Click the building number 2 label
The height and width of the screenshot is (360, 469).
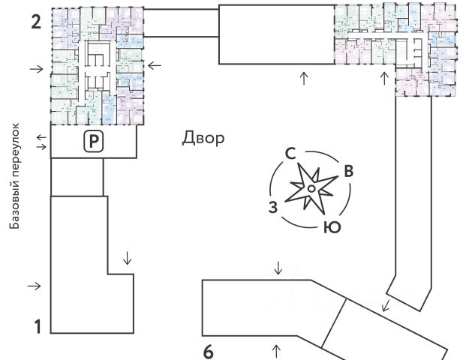pyautogui.click(x=35, y=20)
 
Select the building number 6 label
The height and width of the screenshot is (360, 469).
pyautogui.click(x=209, y=350)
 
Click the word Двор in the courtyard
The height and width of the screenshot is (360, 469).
pyautogui.click(x=203, y=139)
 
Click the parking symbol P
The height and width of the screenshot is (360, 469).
pyautogui.click(x=93, y=140)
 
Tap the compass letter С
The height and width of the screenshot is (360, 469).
pyautogui.click(x=289, y=154)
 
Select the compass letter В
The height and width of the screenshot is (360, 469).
pyautogui.click(x=347, y=171)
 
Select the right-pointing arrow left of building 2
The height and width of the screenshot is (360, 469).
pyautogui.click(x=35, y=69)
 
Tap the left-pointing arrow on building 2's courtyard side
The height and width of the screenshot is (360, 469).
pyautogui.click(x=154, y=66)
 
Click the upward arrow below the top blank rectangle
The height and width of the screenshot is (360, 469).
pyautogui.click(x=303, y=78)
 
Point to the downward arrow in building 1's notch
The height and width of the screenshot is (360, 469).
pyautogui.click(x=127, y=259)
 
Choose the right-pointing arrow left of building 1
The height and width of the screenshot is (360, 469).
pyautogui.click(x=35, y=286)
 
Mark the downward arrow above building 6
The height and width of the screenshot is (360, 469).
pyautogui.click(x=278, y=268)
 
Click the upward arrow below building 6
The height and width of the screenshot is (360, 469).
pyautogui.click(x=276, y=349)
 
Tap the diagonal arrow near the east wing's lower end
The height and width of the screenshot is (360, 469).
pyautogui.click(x=385, y=305)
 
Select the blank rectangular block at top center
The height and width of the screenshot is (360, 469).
pyautogui.click(x=276, y=34)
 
